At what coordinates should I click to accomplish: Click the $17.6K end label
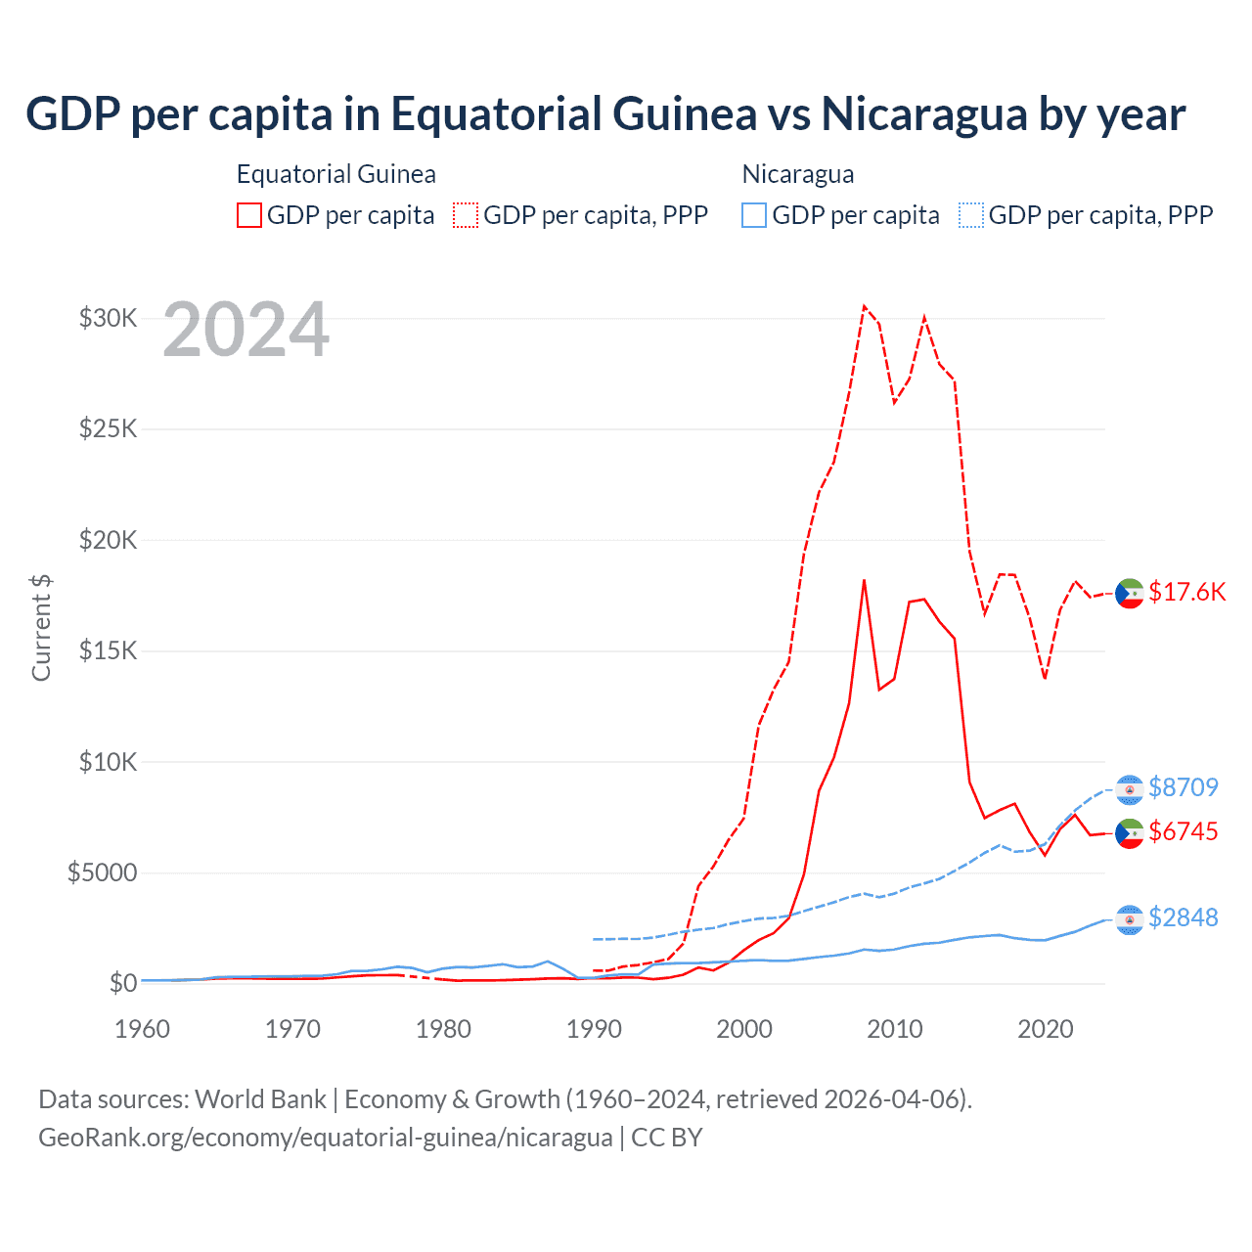pyautogui.click(x=1186, y=592)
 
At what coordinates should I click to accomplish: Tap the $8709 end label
pyautogui.click(x=1184, y=787)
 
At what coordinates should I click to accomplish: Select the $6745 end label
pyautogui.click(x=1184, y=831)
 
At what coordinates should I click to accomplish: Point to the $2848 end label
pyautogui.click(x=1184, y=917)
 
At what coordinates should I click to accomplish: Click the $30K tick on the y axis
pyautogui.click(x=108, y=318)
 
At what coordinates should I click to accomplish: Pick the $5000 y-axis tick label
pyautogui.click(x=102, y=872)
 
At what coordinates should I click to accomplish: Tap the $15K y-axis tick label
pyautogui.click(x=108, y=650)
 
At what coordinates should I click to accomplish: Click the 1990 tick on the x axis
pyautogui.click(x=594, y=1029)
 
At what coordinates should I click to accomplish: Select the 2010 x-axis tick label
pyautogui.click(x=895, y=1029)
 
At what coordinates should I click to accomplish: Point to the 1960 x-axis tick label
pyautogui.click(x=143, y=1029)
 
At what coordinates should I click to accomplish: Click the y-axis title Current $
pyautogui.click(x=41, y=628)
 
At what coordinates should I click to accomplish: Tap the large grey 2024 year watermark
pyautogui.click(x=246, y=330)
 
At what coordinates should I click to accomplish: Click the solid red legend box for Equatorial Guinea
pyautogui.click(x=249, y=215)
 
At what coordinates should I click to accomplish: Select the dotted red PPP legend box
pyautogui.click(x=466, y=215)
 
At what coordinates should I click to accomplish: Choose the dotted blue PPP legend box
pyautogui.click(x=971, y=215)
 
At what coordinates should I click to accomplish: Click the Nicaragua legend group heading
pyautogui.click(x=798, y=174)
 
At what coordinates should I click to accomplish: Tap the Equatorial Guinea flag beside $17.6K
pyautogui.click(x=1130, y=593)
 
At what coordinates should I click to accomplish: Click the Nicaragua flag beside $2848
pyautogui.click(x=1130, y=918)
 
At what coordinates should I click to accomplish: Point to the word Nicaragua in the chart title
pyautogui.click(x=924, y=113)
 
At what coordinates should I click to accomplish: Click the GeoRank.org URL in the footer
pyautogui.click(x=325, y=1138)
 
